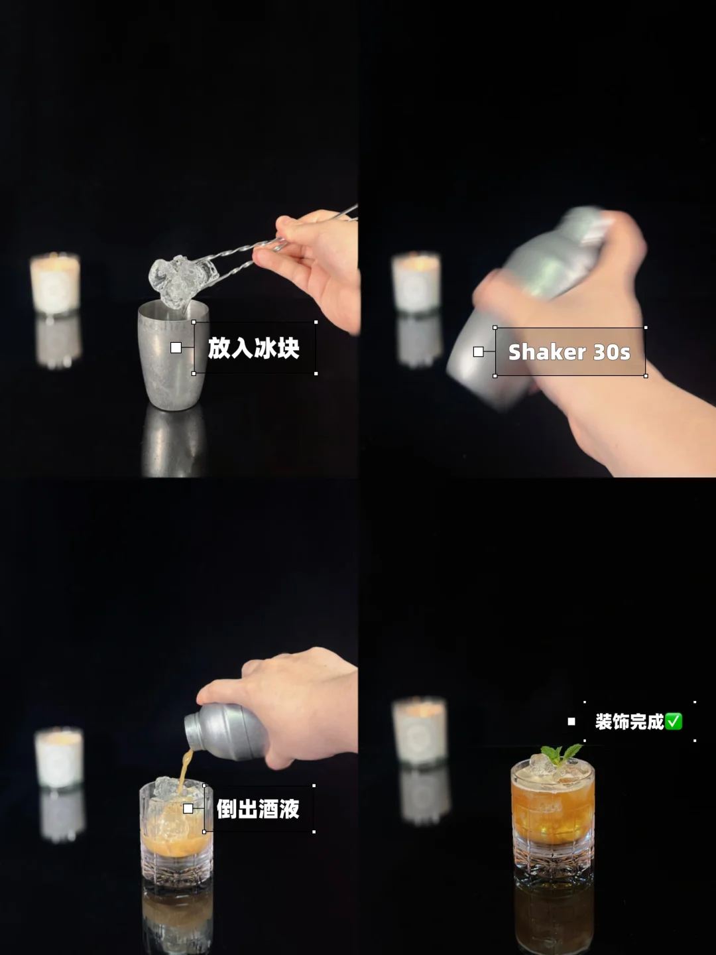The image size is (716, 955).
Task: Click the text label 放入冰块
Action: click(x=253, y=348)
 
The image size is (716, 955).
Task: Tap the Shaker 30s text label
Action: click(x=569, y=352)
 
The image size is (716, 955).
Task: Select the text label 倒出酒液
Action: click(x=258, y=809)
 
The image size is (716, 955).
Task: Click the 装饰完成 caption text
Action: click(x=630, y=722)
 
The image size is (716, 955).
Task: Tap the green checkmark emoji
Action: click(x=674, y=722)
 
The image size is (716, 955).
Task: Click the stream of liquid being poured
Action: click(x=185, y=770)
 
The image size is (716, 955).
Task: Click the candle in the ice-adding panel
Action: click(x=55, y=283)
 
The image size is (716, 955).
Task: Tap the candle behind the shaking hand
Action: click(x=416, y=282)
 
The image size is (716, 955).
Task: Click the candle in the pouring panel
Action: click(x=59, y=757)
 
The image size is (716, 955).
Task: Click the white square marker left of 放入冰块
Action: click(x=176, y=348)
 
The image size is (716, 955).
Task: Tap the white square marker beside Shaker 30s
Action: click(x=478, y=351)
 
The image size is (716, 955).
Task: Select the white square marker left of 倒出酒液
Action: click(x=188, y=808)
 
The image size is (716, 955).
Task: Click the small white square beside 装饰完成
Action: click(x=571, y=722)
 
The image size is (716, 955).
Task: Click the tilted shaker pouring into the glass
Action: click(x=226, y=731)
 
